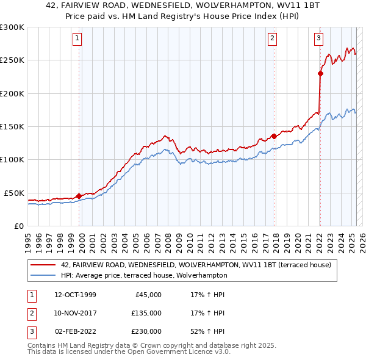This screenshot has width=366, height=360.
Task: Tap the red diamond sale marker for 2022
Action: (x=320, y=74)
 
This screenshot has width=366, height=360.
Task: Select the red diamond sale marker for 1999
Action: (x=79, y=196)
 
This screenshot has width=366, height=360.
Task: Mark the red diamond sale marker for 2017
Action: (x=274, y=137)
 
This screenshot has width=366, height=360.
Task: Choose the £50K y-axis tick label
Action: (x=15, y=193)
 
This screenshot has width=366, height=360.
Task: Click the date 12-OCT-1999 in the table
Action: (x=75, y=295)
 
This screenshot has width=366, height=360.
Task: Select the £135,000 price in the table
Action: (x=146, y=313)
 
